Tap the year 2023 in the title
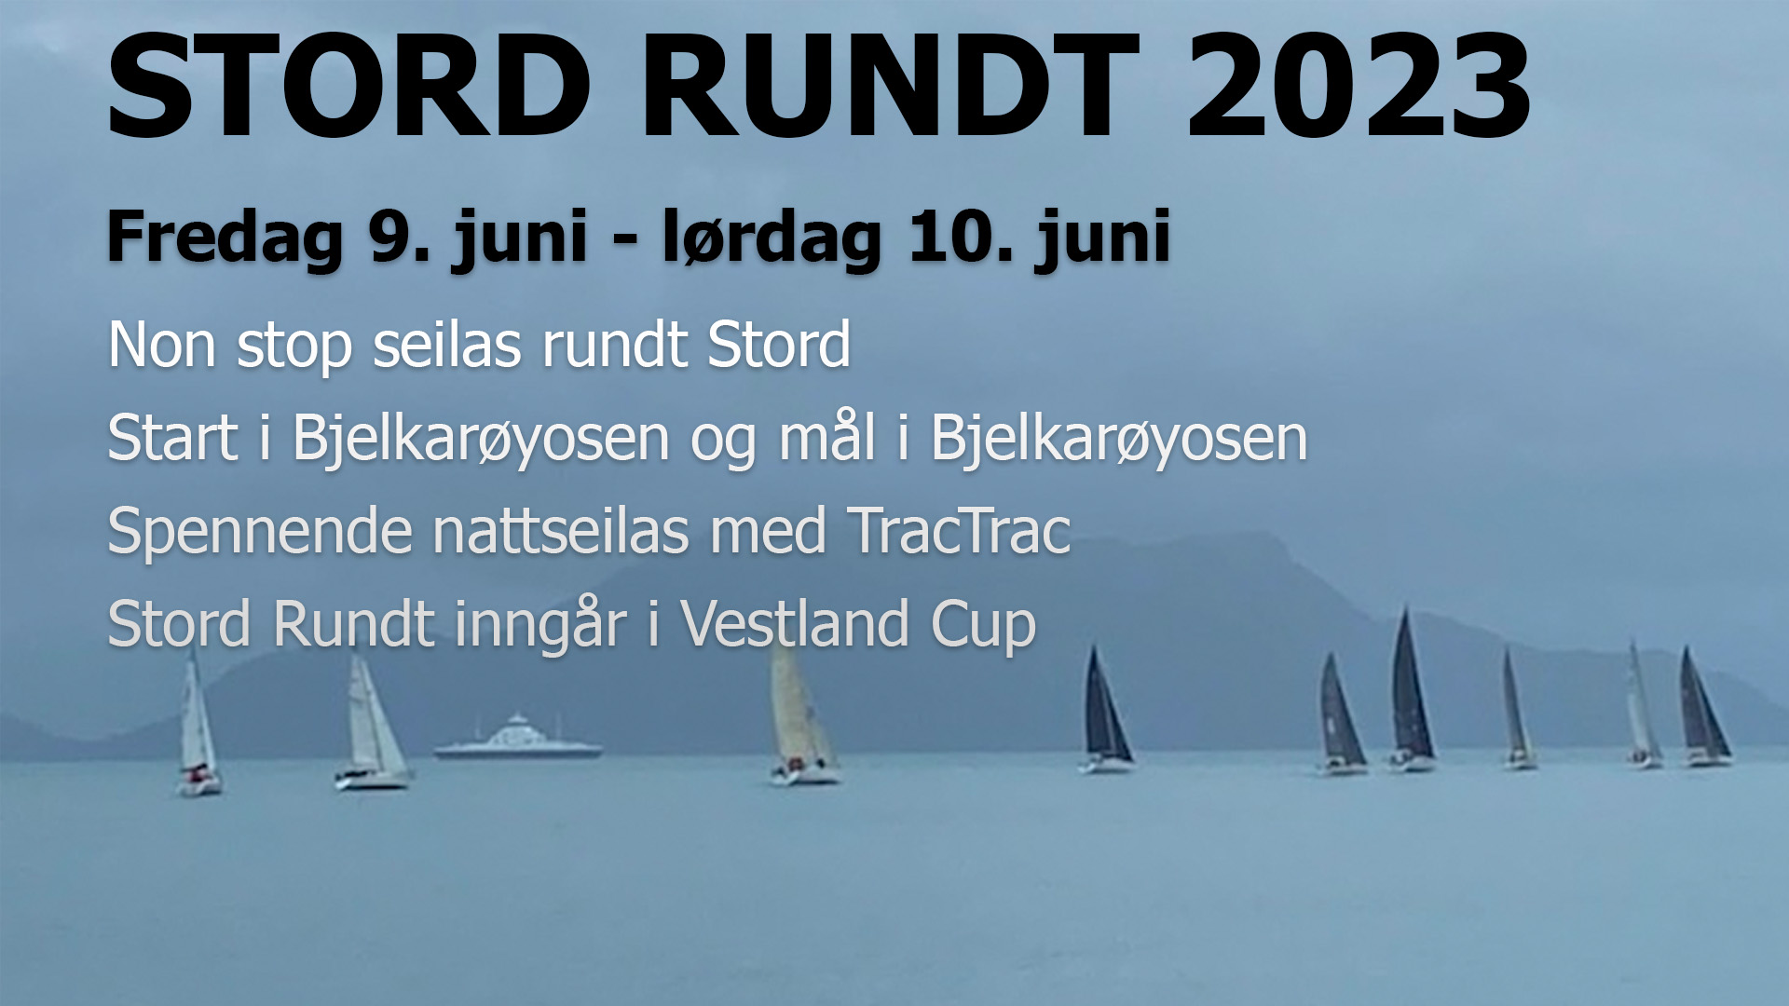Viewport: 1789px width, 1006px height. click(x=1359, y=86)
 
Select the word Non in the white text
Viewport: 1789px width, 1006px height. click(x=162, y=346)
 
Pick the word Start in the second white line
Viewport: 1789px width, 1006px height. click(x=173, y=438)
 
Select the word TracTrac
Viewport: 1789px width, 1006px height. click(x=959, y=532)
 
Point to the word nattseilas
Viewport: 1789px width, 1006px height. click(x=561, y=531)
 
